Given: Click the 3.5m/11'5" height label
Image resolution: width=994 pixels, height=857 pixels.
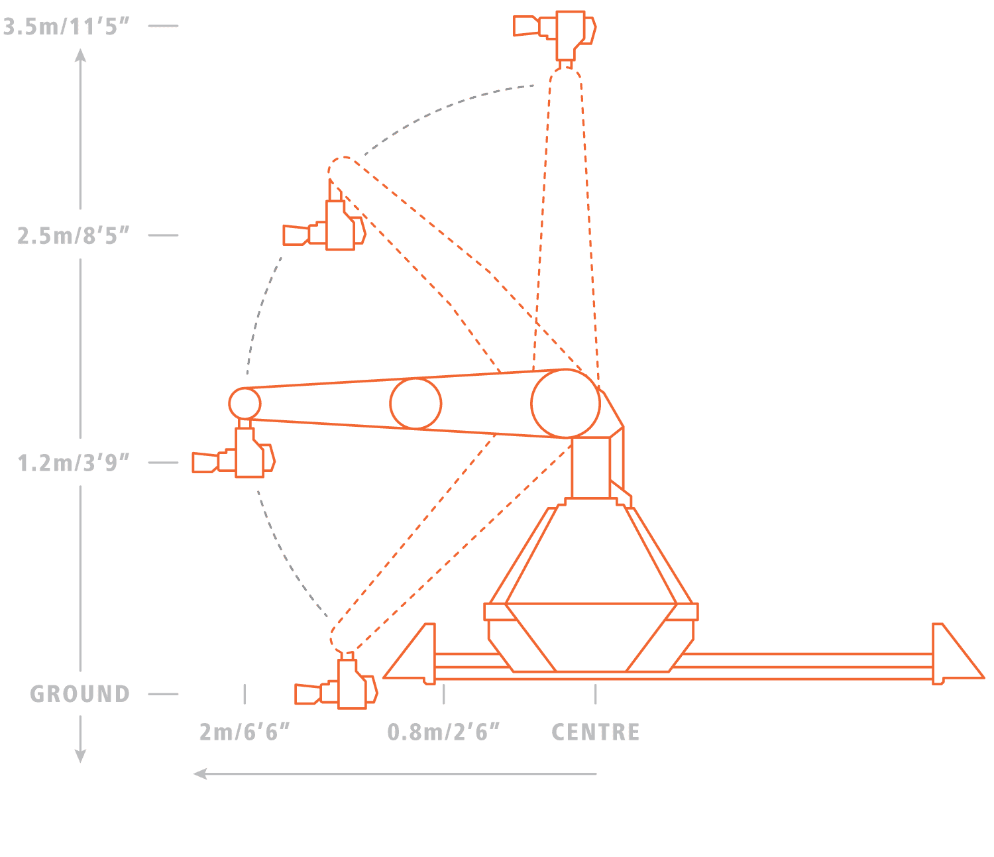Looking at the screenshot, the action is click(66, 27).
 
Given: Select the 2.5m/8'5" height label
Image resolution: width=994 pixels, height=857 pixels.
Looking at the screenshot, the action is click(73, 235).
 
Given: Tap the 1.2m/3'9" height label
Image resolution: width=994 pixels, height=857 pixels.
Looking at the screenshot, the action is click(73, 463).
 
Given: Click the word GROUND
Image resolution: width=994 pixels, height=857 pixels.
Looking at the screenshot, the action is click(80, 694).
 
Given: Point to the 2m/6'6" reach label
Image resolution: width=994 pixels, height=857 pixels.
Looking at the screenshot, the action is click(245, 732).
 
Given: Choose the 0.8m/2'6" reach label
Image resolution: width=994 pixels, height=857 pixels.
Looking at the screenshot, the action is click(443, 732).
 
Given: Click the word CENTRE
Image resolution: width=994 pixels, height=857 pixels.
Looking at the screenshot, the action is click(596, 732).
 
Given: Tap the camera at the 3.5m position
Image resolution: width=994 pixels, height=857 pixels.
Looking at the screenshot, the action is click(555, 30).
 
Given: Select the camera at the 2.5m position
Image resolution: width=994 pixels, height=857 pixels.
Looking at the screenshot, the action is click(325, 229).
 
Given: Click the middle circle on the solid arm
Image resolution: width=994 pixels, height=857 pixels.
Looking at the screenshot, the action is click(415, 403).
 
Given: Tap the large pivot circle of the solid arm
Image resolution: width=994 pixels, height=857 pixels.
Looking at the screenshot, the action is click(565, 403).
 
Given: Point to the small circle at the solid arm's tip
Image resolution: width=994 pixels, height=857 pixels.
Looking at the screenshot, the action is click(245, 402).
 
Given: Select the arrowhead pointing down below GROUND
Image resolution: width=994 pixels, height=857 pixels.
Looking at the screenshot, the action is click(80, 756).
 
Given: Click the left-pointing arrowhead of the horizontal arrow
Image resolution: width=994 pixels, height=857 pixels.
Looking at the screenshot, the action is click(199, 773).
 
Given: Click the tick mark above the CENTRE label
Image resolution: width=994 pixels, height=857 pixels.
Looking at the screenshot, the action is click(596, 694).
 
